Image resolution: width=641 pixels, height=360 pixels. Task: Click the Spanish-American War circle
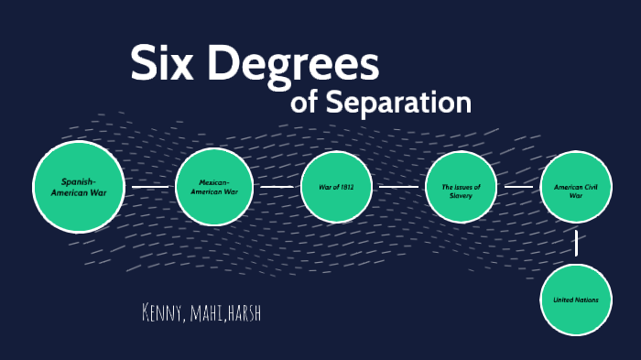tap(80, 187)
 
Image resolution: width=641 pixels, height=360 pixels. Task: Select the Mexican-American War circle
tap(213, 187)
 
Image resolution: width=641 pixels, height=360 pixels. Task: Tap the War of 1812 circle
tap(336, 187)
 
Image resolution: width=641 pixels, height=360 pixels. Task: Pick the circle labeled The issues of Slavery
tap(461, 187)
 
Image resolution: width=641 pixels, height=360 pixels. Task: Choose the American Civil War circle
tap(575, 187)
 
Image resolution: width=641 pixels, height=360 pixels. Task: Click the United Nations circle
tap(575, 300)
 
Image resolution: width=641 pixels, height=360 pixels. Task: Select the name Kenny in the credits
tap(164, 314)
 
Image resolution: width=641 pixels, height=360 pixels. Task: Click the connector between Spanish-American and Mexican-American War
tap(150, 187)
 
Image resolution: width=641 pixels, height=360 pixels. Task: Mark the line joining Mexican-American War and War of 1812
tap(276, 187)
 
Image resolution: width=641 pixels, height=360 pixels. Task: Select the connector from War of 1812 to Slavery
tap(398, 187)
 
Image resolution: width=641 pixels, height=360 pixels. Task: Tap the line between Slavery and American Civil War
tap(518, 187)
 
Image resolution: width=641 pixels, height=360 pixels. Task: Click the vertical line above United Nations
tap(576, 242)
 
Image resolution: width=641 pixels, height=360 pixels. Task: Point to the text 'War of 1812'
tap(336, 187)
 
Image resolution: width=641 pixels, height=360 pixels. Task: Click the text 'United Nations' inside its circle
tap(575, 300)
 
